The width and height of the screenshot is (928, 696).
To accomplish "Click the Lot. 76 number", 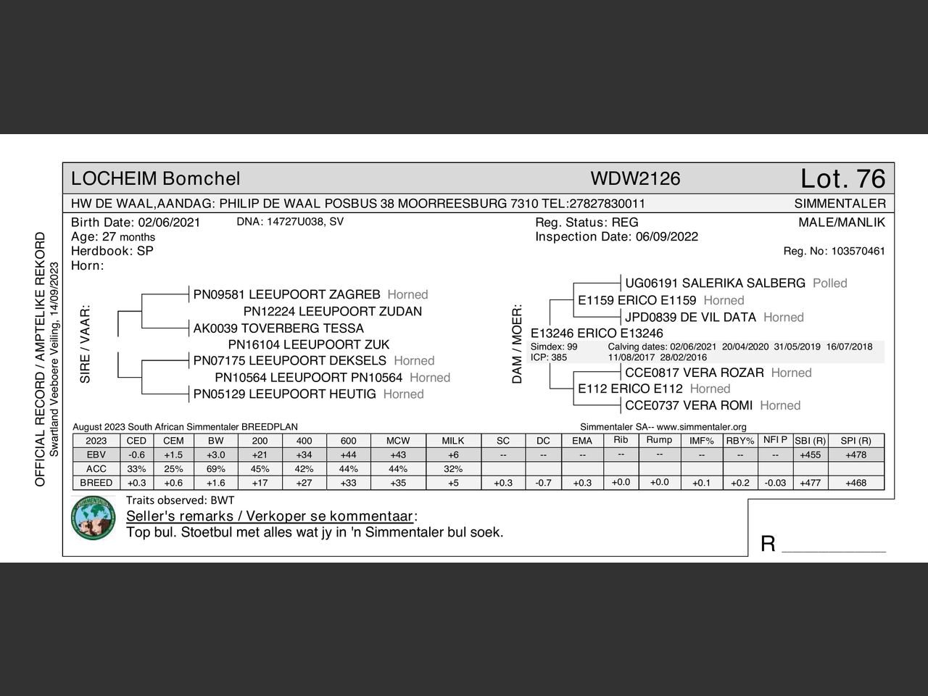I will (x=842, y=178).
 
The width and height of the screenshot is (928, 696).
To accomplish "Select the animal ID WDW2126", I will (x=635, y=178).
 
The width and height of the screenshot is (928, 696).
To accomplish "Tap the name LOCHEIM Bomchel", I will (x=155, y=178).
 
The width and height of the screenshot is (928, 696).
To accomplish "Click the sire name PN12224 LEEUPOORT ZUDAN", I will (x=332, y=311).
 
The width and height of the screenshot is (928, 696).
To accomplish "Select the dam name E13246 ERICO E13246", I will (x=597, y=333).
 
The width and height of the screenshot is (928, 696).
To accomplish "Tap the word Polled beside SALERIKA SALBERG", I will (x=829, y=283).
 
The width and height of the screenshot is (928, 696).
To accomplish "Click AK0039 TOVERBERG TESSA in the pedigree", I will (x=278, y=328).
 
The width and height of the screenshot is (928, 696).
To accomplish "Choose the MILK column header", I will (x=453, y=441).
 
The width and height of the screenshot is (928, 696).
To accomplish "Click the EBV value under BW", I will (x=215, y=455).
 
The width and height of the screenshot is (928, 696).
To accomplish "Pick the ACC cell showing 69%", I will (x=215, y=468).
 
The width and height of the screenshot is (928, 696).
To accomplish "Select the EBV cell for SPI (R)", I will (x=855, y=455).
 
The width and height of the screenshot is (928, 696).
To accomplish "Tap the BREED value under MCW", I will (x=398, y=483).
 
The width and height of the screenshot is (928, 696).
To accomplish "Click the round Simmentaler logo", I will (x=93, y=518).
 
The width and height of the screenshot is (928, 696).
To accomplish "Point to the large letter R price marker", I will (x=768, y=544).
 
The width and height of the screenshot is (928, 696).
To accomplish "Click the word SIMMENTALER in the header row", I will (x=840, y=204).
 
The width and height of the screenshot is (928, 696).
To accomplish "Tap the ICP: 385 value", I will (x=549, y=357).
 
